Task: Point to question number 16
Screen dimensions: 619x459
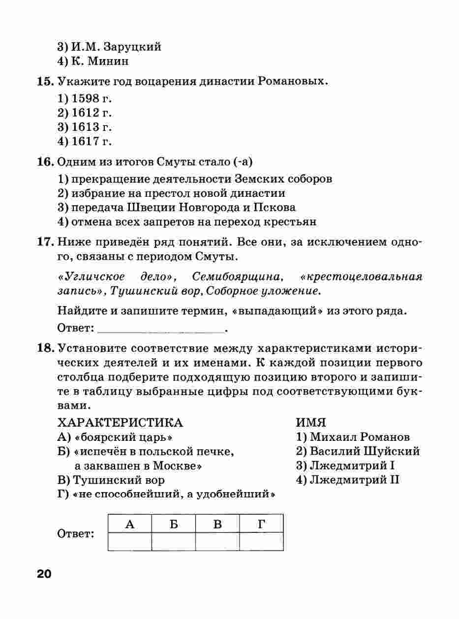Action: [46, 162]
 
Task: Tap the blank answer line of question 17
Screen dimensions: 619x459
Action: [161, 328]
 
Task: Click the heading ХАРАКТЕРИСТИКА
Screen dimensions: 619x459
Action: [120, 423]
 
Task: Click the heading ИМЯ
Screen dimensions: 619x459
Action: [311, 423]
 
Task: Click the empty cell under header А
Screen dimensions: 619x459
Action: [129, 541]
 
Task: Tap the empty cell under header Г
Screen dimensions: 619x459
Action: [261, 541]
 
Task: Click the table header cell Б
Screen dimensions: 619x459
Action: [173, 524]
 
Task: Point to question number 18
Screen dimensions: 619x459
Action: [46, 349]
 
